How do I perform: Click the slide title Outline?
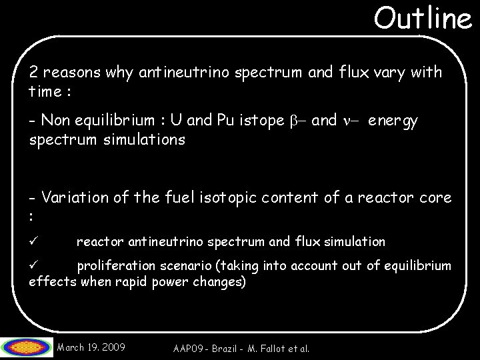click(x=422, y=19)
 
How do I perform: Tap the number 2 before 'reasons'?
click(x=33, y=72)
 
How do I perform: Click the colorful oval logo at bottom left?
click(x=27, y=346)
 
